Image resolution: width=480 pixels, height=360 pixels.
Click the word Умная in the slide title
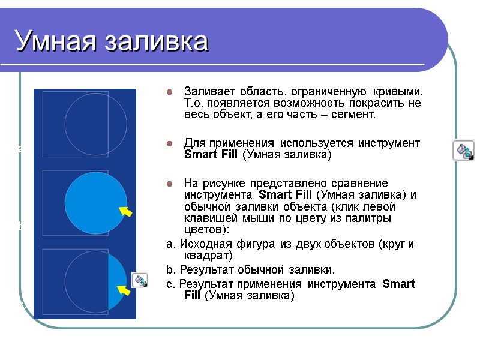(x=54, y=41)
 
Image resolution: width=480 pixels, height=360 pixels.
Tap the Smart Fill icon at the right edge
(x=463, y=150)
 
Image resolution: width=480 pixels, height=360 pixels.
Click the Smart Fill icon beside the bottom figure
(x=140, y=280)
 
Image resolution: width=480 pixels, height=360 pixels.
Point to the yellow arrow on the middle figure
(x=125, y=212)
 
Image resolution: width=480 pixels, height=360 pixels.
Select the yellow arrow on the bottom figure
(x=124, y=290)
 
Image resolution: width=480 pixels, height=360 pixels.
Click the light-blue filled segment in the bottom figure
(x=118, y=280)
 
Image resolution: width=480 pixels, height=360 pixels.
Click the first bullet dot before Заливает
(x=170, y=92)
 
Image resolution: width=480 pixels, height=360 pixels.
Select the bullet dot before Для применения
(x=170, y=144)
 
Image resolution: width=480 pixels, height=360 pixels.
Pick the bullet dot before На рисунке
(x=170, y=184)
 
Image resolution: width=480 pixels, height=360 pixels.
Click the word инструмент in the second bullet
(x=390, y=144)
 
